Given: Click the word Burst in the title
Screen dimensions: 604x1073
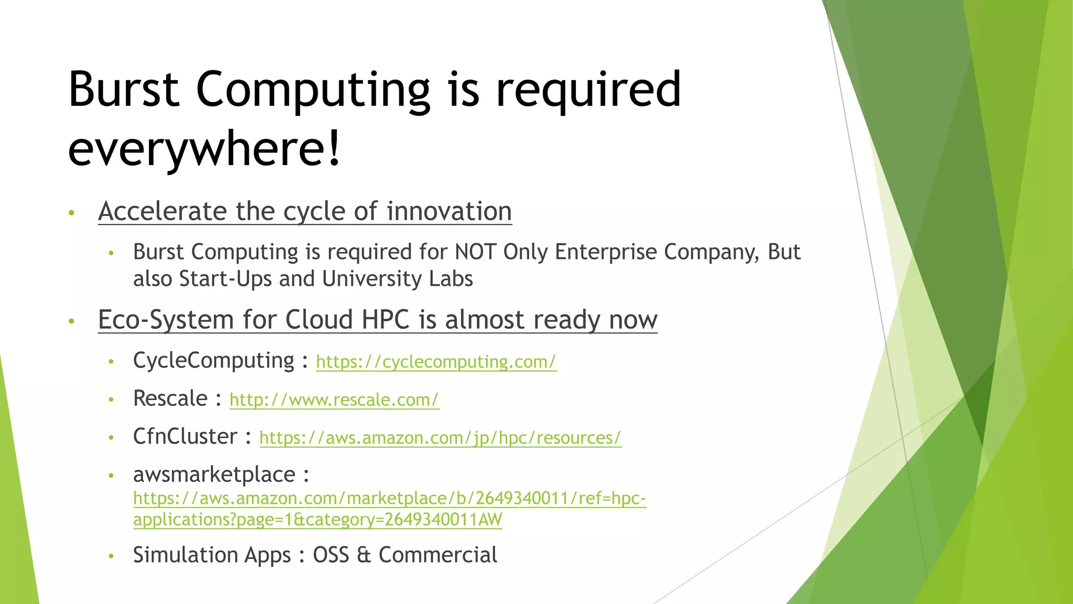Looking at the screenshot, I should tap(124, 89).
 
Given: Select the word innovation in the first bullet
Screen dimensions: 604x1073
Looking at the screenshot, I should tap(449, 211).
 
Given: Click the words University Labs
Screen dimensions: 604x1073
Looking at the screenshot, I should tap(397, 279).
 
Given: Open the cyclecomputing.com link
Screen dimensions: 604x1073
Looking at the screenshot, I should tap(436, 362).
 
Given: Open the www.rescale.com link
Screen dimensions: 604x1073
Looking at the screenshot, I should tap(334, 400).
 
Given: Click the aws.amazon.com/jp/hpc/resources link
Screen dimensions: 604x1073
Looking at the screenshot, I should tap(440, 438).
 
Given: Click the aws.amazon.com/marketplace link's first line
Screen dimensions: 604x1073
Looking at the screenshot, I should tap(389, 498).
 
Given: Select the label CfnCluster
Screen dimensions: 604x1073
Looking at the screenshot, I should tap(185, 437).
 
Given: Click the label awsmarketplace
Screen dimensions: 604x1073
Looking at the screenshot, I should tap(214, 474).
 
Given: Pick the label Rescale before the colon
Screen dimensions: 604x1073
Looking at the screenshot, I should tap(170, 398).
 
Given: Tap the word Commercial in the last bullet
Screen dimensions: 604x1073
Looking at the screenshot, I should tap(437, 555).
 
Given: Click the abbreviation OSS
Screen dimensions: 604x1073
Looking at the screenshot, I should tap(331, 555).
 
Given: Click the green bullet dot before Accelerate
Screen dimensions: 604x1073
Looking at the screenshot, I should tap(72, 213).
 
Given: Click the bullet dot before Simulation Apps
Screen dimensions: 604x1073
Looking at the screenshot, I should tap(111, 556).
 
